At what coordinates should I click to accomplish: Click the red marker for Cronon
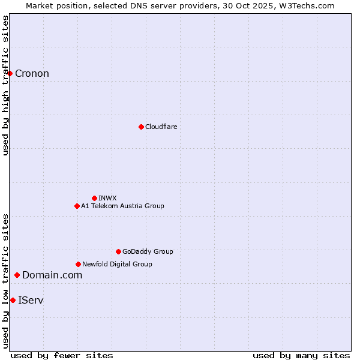coord(10,73)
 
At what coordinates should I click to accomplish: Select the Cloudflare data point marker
coord(141,127)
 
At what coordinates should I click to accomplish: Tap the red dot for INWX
coord(94,198)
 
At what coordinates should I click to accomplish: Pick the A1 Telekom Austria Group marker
coord(77,206)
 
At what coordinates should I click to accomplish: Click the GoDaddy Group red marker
coord(118,251)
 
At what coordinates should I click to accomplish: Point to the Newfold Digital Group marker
coord(78,264)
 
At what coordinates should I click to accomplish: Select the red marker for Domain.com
coord(17,275)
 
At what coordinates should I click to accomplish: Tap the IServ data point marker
coord(13,300)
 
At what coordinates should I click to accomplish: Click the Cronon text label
coord(32,74)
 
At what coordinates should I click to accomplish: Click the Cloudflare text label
coord(161,127)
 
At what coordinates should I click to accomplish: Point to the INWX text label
coord(107,198)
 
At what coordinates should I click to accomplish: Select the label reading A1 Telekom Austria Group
coord(122,206)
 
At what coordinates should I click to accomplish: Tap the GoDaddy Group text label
coord(147,251)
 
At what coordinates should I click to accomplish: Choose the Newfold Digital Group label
coord(117,264)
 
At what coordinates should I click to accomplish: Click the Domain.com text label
coord(52,275)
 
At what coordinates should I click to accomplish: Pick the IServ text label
coord(31,300)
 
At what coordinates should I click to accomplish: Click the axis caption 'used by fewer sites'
coord(62,355)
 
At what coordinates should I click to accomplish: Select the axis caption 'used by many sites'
coord(301,355)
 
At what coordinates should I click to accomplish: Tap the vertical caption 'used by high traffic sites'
coord(5,85)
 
